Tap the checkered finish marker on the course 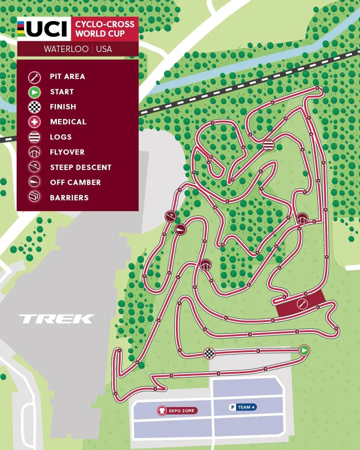tap(209, 353)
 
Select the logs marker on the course tap(268, 145)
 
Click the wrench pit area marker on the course tap(302, 304)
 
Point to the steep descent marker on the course tap(170, 216)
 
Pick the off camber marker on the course tap(181, 229)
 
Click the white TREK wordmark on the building tap(56, 318)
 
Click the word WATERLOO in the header tap(66, 49)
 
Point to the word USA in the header tap(104, 49)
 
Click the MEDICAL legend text tap(68, 122)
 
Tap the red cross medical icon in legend tap(34, 122)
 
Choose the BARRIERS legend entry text tap(69, 197)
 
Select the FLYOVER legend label tap(67, 152)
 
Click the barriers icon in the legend tap(34, 197)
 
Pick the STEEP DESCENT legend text tap(80, 167)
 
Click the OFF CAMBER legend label tap(75, 182)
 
